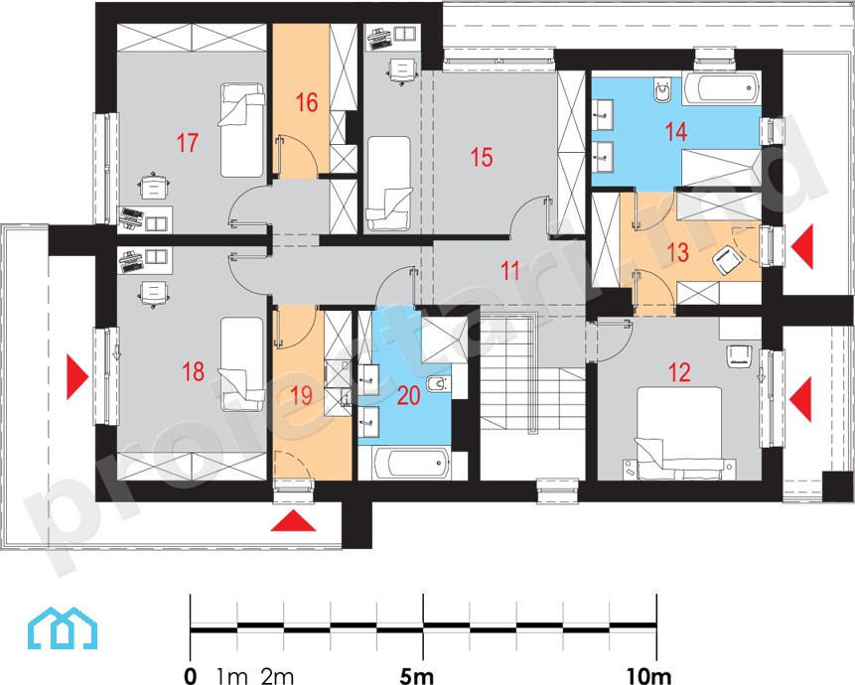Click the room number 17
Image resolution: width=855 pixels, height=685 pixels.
pyautogui.click(x=187, y=143)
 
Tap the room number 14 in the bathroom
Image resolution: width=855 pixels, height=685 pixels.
pyautogui.click(x=675, y=132)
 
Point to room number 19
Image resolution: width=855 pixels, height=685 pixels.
pyautogui.click(x=301, y=396)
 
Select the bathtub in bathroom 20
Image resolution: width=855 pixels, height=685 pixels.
pyautogui.click(x=413, y=464)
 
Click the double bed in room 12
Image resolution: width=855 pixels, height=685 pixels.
pyautogui.click(x=680, y=434)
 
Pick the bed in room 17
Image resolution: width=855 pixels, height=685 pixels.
pyautogui.click(x=242, y=130)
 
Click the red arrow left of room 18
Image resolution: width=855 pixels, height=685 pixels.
pyautogui.click(x=76, y=376)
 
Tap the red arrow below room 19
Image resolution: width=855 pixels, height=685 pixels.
pyautogui.click(x=293, y=520)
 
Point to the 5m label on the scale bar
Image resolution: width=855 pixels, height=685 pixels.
pyautogui.click(x=417, y=676)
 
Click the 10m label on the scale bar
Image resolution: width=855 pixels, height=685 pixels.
pyautogui.click(x=648, y=676)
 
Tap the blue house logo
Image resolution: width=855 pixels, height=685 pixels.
pyautogui.click(x=63, y=628)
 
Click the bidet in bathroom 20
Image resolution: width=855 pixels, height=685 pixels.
pyautogui.click(x=439, y=384)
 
